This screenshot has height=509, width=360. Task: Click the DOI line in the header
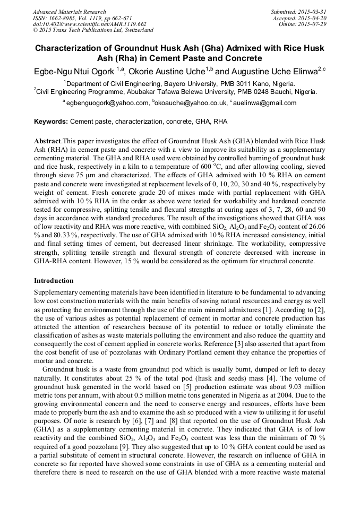tap(89, 24)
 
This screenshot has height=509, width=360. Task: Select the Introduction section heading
tap(54, 280)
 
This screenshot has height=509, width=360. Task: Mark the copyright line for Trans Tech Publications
tap(93, 30)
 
